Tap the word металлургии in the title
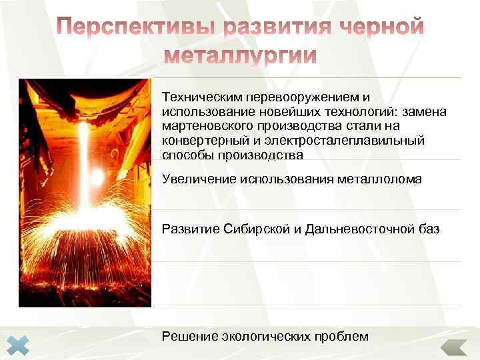(240, 55)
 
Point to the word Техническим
(198, 97)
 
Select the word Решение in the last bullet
(187, 337)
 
